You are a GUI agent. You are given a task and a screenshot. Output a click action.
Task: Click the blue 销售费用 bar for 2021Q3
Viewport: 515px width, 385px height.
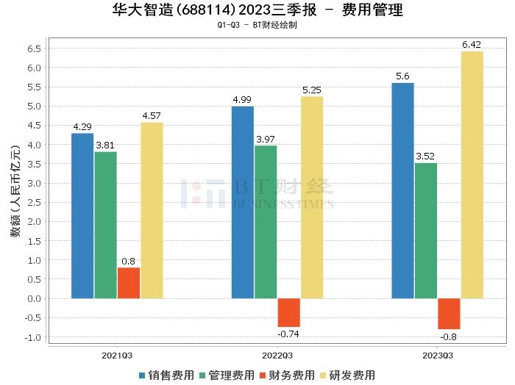[83, 216]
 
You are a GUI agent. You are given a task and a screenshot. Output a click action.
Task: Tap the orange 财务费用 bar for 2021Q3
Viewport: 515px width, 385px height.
[129, 283]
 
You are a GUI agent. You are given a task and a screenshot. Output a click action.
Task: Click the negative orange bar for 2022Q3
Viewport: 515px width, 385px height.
[288, 312]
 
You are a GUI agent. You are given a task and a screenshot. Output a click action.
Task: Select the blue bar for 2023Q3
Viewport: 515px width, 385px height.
[402, 191]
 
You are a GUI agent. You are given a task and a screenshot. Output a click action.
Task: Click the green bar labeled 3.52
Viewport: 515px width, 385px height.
[426, 231]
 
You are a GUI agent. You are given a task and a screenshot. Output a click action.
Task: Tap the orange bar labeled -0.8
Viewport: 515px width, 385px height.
[449, 314]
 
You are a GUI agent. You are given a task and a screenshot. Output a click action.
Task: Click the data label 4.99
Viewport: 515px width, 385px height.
[243, 100]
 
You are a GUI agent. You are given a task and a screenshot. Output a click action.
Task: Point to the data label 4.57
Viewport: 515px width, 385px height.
[152, 116]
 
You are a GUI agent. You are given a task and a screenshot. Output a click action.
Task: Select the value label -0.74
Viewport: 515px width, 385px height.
[288, 334]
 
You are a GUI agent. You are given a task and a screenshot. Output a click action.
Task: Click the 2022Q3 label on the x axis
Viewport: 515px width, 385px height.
[277, 356]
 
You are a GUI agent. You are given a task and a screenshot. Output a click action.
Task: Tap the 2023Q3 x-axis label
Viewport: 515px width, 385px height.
[437, 356]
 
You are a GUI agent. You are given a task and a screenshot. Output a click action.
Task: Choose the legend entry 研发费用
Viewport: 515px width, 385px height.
[347, 375]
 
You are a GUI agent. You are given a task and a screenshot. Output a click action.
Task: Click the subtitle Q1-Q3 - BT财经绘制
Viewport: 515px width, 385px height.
[257, 25]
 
